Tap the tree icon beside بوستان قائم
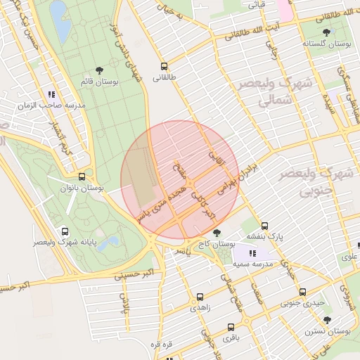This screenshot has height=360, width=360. [99, 70]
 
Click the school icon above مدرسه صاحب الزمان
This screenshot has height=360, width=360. [51, 93]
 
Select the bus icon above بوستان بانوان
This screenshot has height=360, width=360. [82, 177]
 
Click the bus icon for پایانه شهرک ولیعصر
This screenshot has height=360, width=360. [65, 231]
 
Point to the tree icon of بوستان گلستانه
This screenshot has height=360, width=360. [326, 32]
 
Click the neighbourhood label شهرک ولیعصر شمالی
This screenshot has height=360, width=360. [265, 91]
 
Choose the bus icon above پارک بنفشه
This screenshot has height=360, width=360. [264, 226]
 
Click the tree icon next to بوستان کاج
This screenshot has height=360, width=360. [217, 232]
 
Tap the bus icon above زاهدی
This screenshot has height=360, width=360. [200, 297]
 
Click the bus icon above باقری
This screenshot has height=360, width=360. [231, 327]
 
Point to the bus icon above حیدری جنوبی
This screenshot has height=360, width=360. [302, 292]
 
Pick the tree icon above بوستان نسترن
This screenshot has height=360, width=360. [327, 319]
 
